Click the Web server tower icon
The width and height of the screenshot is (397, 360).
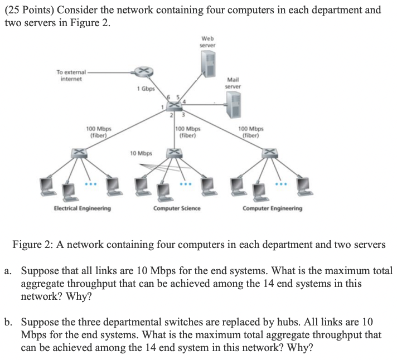click(x=209, y=64)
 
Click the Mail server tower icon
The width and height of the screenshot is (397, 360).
click(x=234, y=104)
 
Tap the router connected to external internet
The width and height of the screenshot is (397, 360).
click(x=143, y=71)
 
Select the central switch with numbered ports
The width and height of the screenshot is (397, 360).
click(x=174, y=106)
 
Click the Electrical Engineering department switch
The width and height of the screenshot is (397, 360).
click(x=79, y=153)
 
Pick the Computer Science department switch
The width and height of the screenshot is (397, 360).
click(x=174, y=153)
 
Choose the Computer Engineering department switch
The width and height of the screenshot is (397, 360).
click(x=270, y=153)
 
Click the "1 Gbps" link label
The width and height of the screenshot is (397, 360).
click(x=146, y=89)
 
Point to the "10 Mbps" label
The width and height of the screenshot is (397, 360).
click(x=141, y=153)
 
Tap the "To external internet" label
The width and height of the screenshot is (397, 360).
click(x=71, y=75)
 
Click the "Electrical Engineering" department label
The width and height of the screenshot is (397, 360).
click(x=83, y=208)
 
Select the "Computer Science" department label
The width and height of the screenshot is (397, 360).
click(x=177, y=208)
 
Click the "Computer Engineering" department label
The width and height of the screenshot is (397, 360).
click(x=273, y=208)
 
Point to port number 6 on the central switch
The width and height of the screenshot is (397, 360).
click(x=168, y=97)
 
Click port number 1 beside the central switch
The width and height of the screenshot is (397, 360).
click(x=163, y=107)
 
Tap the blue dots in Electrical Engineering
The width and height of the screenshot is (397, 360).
click(x=91, y=184)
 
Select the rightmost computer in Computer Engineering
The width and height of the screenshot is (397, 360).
click(x=304, y=187)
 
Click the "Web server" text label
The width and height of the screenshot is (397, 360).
click(x=207, y=42)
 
